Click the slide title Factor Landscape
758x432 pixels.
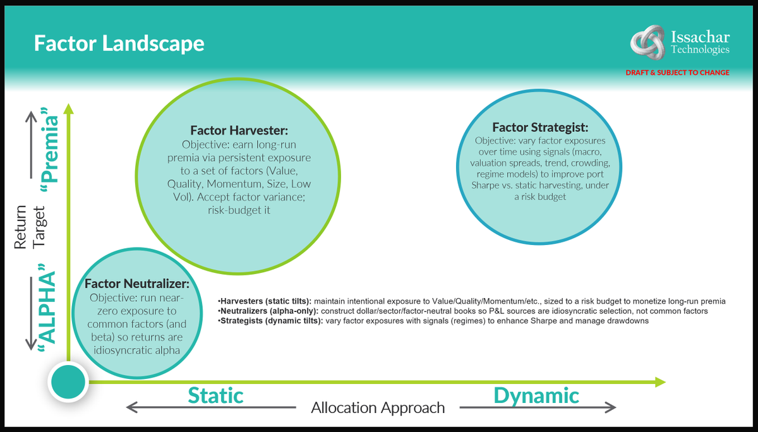119,44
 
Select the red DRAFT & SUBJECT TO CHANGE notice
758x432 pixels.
677,73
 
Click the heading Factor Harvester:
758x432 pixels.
239,130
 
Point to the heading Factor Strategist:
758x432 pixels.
540,127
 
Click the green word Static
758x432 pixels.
215,395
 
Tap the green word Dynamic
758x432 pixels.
536,395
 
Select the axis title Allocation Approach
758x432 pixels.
378,408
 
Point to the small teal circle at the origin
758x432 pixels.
67,382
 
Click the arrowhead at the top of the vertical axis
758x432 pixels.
68,108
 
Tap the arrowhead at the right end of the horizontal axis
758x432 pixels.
659,381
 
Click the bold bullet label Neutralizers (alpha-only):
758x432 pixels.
269,311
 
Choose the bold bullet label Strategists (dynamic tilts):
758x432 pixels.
271,321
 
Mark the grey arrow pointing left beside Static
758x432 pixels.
152,407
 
